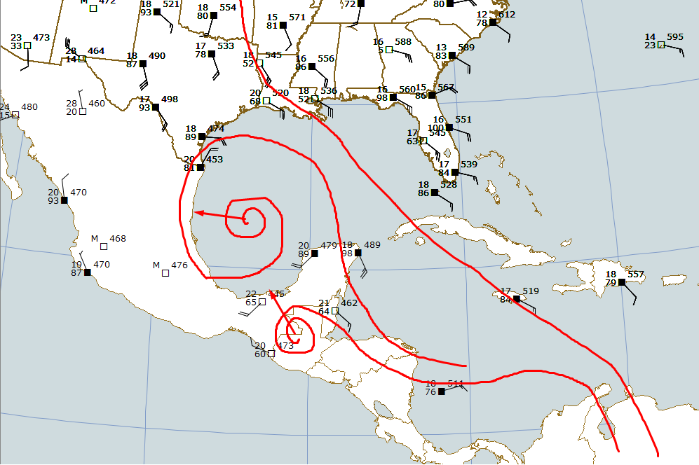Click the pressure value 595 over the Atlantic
pyautogui.click(x=675, y=37)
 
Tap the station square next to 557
pyautogui.click(x=621, y=282)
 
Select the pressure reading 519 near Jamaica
pyautogui.click(x=531, y=291)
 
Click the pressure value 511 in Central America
pyautogui.click(x=456, y=384)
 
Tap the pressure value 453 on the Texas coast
pyautogui.click(x=215, y=160)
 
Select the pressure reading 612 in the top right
pyautogui.click(x=507, y=14)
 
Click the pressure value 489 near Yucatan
pyautogui.click(x=372, y=244)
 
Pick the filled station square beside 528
pyautogui.click(x=435, y=193)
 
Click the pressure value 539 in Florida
pyautogui.click(x=469, y=165)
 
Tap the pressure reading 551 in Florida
pyautogui.click(x=463, y=120)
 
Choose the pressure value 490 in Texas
pyautogui.click(x=157, y=56)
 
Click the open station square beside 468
pyautogui.click(x=104, y=247)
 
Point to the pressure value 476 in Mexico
pyautogui.click(x=179, y=265)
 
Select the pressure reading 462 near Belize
pyautogui.click(x=349, y=303)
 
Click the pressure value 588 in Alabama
pyautogui.click(x=403, y=42)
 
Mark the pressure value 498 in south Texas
pyautogui.click(x=170, y=99)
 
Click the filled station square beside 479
pyautogui.click(x=314, y=254)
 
